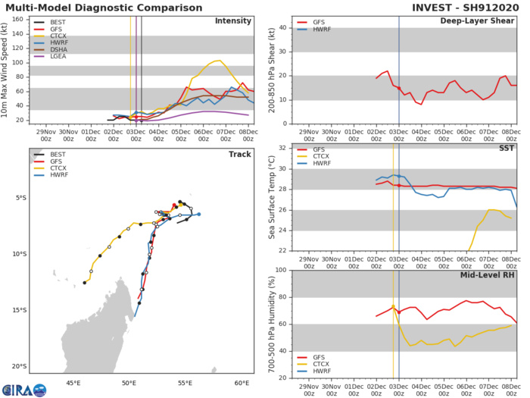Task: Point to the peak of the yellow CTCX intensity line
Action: [x=219, y=61]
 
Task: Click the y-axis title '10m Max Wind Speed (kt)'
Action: [x=7, y=68]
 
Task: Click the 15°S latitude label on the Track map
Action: [x=21, y=310]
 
